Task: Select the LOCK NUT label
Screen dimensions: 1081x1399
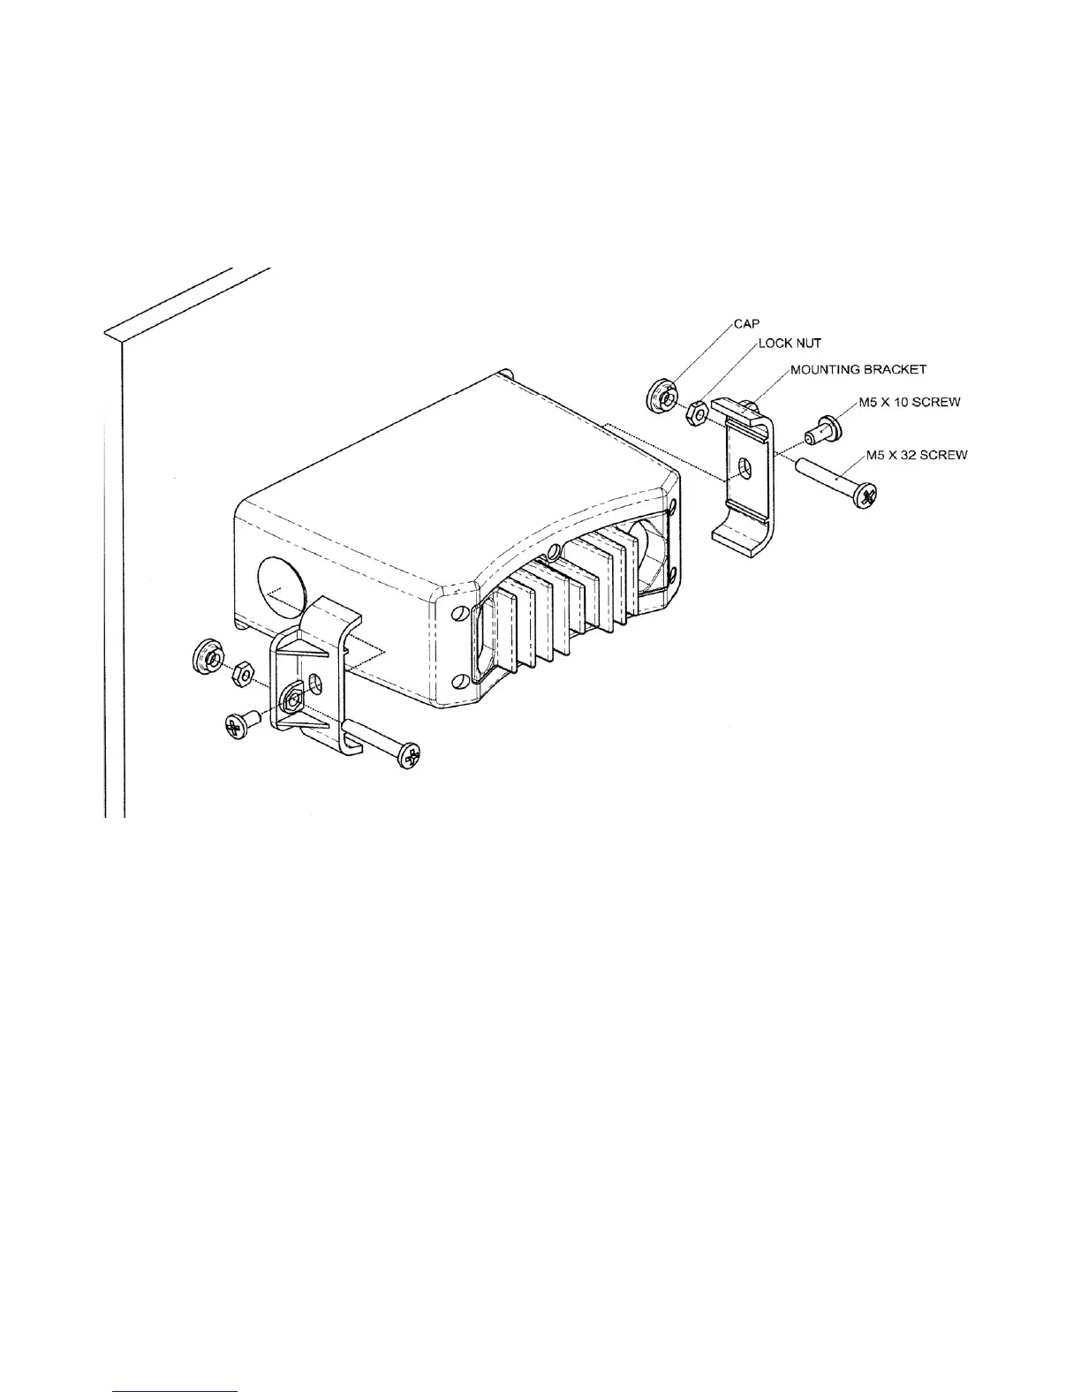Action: point(790,344)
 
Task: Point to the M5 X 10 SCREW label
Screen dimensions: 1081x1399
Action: point(910,402)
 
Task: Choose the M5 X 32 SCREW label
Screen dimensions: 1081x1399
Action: point(917,455)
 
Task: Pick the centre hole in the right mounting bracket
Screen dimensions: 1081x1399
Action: point(745,469)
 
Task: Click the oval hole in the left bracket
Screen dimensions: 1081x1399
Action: point(315,685)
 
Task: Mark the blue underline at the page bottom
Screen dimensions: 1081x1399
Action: point(177,1391)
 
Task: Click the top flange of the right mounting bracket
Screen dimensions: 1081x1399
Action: point(742,412)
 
